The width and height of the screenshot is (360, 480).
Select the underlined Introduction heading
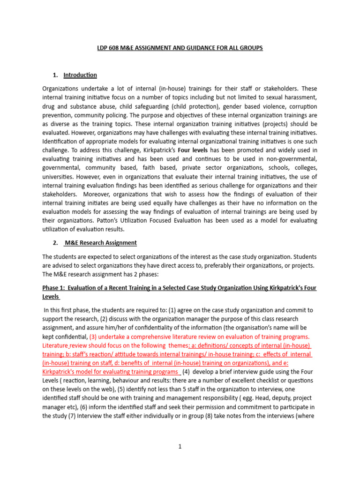pyautogui.click(x=80, y=75)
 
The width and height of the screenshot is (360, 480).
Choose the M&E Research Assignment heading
pyautogui.click(x=100, y=243)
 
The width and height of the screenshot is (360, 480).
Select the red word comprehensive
pyautogui.click(x=150, y=337)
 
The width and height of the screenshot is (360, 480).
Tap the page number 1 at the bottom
pyautogui.click(x=180, y=447)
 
